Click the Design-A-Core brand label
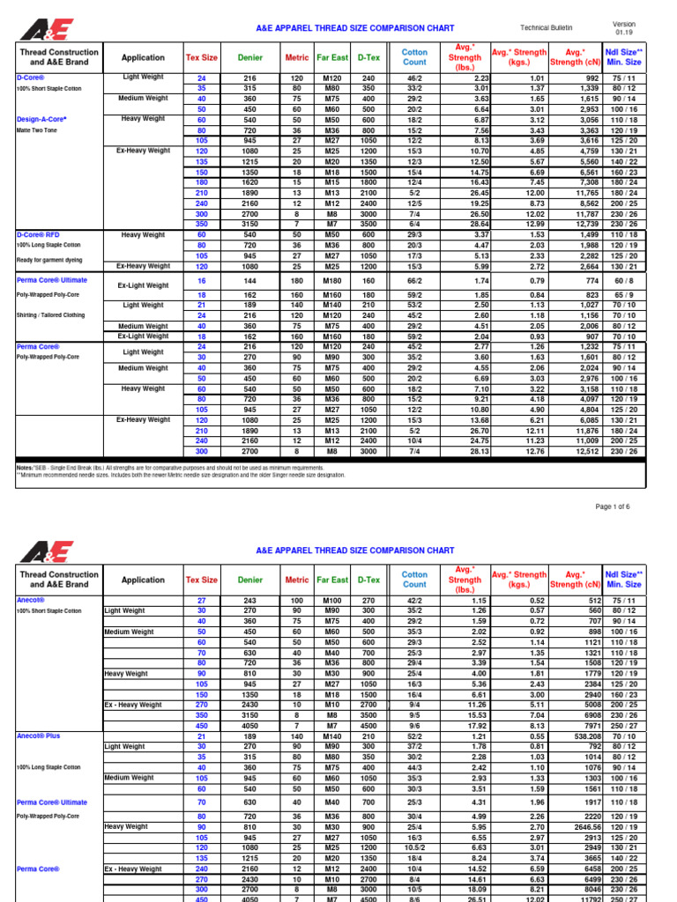[x=42, y=118]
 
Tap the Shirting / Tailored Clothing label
[x=52, y=314]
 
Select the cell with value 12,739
[x=578, y=224]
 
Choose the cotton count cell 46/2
[x=414, y=78]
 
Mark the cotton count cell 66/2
[x=414, y=279]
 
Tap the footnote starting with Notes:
[x=176, y=467]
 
